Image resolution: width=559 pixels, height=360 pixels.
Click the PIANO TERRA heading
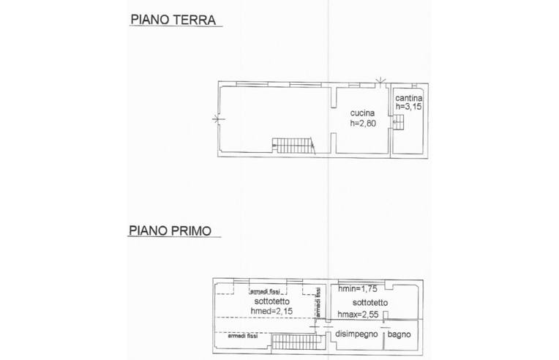[173, 20]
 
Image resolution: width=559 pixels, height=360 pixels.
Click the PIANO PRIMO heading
[170, 230]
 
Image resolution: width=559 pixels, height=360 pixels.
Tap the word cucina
[362, 113]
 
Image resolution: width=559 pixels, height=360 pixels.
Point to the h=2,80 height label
[363, 124]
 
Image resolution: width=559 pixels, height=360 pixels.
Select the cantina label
[409, 97]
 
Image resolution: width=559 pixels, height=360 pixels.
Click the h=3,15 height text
[408, 106]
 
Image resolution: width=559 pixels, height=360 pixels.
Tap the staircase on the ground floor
[293, 146]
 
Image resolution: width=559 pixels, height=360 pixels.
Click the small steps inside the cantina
[398, 122]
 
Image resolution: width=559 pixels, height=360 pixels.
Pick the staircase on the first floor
[298, 342]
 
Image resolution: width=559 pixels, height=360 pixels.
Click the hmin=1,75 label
[357, 289]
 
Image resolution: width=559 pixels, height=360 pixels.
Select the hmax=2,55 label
[358, 315]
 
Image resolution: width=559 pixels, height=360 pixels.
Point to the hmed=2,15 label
[271, 311]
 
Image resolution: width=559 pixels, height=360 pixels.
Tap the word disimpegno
[356, 334]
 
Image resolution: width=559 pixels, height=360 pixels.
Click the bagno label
[399, 334]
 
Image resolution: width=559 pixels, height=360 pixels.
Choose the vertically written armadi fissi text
[318, 302]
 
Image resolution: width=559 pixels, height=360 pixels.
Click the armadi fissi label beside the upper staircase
[242, 336]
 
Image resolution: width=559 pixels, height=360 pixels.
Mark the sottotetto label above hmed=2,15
[271, 301]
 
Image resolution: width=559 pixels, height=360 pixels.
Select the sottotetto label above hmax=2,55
[370, 303]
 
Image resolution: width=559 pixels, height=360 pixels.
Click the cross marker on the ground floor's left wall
[218, 119]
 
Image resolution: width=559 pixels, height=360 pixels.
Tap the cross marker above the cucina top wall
[380, 81]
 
